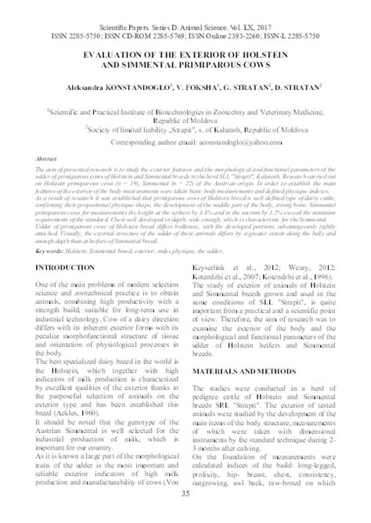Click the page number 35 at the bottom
click(185, 514)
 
